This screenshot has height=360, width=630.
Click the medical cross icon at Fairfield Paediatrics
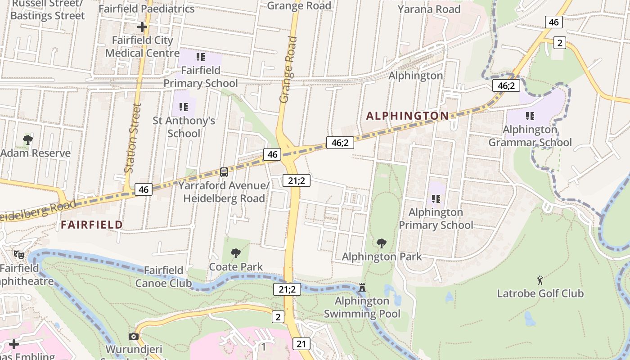point(142,27)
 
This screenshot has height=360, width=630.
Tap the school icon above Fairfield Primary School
point(201,57)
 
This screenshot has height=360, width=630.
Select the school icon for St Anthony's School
point(183,107)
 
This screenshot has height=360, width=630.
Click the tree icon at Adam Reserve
point(27,139)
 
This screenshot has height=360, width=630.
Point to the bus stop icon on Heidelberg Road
point(224,172)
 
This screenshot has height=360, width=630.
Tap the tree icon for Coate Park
point(235,253)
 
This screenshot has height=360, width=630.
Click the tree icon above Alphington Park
point(381,243)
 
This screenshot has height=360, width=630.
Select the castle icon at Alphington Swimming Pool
point(362,287)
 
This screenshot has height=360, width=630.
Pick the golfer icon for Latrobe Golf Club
point(540,280)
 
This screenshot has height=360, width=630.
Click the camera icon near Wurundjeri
point(133,336)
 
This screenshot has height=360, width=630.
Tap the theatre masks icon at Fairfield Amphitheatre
point(18,255)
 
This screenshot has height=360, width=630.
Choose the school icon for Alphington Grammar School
point(530,116)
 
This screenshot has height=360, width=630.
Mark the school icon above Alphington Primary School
point(436,198)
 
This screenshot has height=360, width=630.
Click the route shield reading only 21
point(301,344)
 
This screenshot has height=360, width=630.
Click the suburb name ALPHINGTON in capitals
point(407,116)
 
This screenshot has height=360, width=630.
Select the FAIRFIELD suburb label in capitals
point(92,225)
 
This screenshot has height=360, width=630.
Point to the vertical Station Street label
point(133,139)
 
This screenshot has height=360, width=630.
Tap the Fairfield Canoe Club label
point(163,277)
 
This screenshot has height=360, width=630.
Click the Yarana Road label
point(429,9)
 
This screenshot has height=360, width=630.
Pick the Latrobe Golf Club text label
point(540,294)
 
